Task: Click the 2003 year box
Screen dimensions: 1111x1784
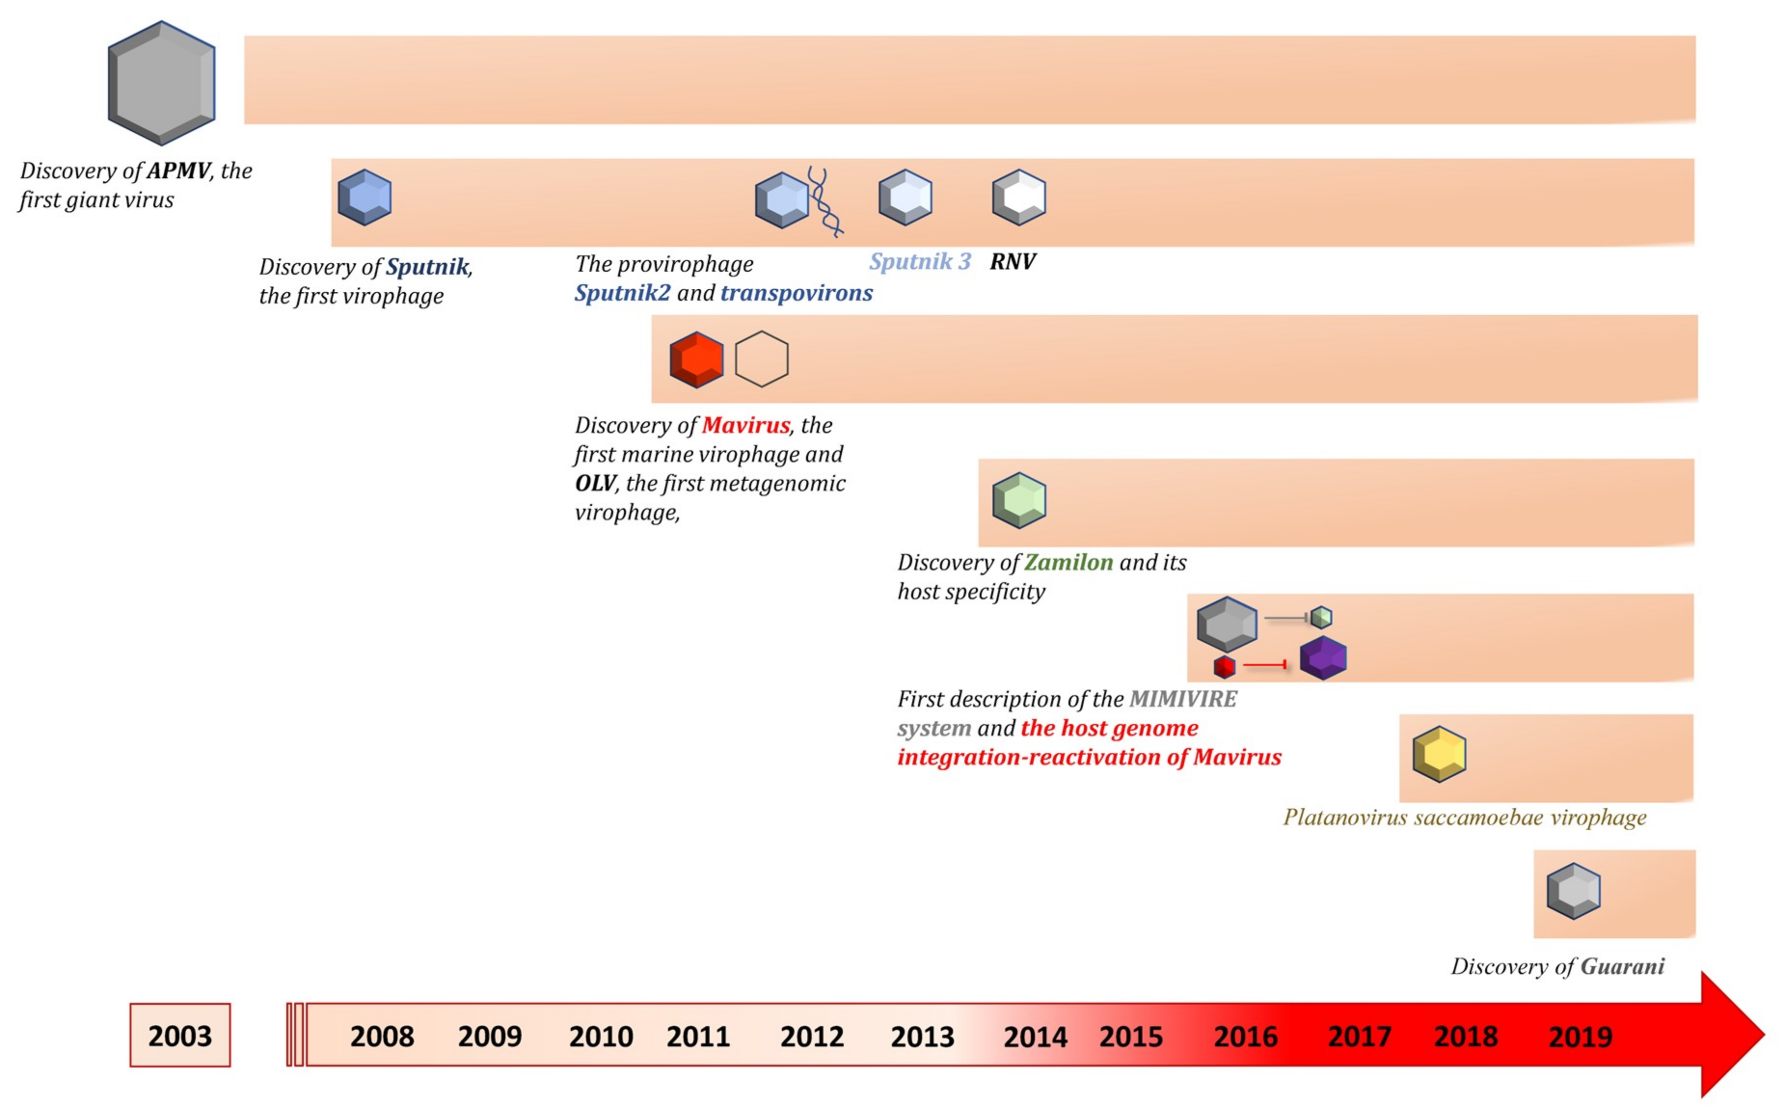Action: coord(180,1035)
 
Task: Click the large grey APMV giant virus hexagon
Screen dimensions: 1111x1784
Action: coord(162,82)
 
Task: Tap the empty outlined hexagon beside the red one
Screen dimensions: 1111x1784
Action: coord(762,359)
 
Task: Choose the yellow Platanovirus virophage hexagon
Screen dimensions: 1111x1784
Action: coord(1439,754)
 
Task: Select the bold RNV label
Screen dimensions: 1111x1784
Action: coord(1013,261)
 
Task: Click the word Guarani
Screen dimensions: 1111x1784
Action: coord(1622,966)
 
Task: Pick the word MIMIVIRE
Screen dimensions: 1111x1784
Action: coord(1183,699)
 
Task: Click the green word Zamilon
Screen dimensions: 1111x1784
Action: coord(1068,563)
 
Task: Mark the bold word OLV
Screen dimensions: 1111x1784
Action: coord(595,484)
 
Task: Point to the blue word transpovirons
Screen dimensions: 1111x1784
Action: coord(797,293)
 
